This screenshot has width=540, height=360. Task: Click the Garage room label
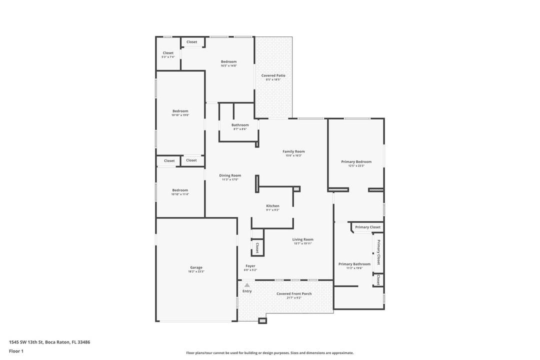click(195, 267)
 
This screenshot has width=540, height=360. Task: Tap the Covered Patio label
click(273, 75)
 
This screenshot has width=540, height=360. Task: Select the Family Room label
click(293, 151)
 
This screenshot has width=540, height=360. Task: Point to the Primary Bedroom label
click(356, 161)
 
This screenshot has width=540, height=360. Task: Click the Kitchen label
click(272, 206)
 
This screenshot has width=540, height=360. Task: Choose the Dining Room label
click(230, 175)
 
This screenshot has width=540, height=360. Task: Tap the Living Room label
click(302, 239)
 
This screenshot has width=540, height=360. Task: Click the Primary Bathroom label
click(354, 264)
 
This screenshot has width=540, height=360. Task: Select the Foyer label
click(250, 266)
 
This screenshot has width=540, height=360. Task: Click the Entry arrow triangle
click(247, 285)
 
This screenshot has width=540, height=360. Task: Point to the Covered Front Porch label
click(294, 294)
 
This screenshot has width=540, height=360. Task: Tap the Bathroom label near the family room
click(240, 125)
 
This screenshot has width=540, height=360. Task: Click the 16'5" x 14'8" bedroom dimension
click(228, 65)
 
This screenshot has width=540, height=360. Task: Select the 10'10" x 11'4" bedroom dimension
click(180, 194)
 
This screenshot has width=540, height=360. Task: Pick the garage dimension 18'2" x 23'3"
click(196, 271)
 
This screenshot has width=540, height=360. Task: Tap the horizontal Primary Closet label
click(368, 227)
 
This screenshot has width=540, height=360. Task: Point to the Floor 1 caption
click(16, 351)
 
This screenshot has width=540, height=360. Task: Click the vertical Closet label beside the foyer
click(257, 247)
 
